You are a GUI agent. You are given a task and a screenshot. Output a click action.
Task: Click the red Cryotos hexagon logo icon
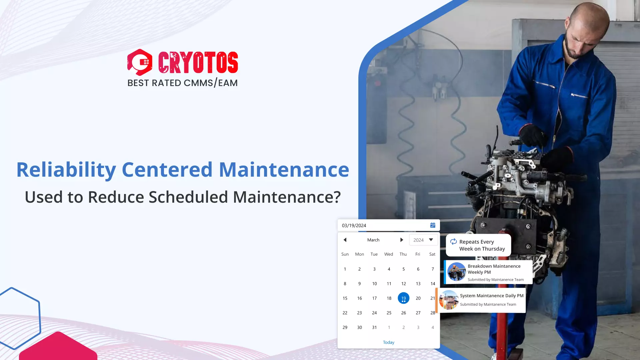(140, 62)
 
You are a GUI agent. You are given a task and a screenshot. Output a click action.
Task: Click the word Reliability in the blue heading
(66, 170)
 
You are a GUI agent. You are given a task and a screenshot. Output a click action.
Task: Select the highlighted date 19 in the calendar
(403, 298)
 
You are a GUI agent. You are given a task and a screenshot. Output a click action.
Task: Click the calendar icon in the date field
(433, 225)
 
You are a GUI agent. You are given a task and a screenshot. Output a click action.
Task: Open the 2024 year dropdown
(423, 240)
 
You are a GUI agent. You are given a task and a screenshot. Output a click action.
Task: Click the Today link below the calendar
(389, 342)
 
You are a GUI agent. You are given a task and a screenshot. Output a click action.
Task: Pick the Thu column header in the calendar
(403, 254)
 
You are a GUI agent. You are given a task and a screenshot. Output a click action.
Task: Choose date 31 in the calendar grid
(374, 327)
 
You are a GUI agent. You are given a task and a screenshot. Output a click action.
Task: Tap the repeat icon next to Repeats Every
(453, 242)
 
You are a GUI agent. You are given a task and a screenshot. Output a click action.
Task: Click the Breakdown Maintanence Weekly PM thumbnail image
(456, 272)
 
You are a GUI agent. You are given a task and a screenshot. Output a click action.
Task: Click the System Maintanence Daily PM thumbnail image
(449, 300)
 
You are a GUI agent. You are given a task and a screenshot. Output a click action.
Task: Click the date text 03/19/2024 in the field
(354, 226)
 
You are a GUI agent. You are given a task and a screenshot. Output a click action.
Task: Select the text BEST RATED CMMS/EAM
(182, 83)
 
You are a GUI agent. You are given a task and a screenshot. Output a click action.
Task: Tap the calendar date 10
(374, 284)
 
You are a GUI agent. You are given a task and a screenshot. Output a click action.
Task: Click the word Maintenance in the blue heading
(284, 170)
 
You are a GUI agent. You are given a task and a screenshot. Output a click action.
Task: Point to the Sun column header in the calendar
(345, 254)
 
